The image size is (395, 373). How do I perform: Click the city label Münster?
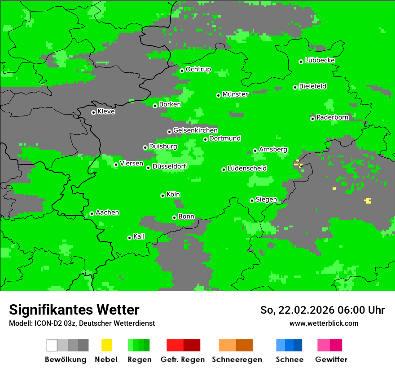click(235, 94)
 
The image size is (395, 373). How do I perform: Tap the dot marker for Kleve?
click(93, 112)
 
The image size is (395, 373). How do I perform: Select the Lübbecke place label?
click(320, 60)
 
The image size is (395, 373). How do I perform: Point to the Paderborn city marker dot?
click(312, 119)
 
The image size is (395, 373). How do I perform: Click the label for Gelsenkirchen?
click(195, 130)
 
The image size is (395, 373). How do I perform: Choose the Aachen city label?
click(107, 213)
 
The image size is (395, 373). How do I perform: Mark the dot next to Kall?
click(129, 238)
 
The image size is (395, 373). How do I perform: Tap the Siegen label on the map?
click(266, 200)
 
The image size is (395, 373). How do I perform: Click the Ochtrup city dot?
click(182, 71)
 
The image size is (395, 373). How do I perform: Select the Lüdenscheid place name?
click(247, 169)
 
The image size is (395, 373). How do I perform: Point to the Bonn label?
click(186, 217)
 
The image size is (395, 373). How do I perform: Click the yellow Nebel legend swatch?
click(106, 345)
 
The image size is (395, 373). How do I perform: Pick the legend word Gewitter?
click(331, 360)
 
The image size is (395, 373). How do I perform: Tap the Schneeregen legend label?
click(237, 360)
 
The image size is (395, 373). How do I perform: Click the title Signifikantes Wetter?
click(74, 310)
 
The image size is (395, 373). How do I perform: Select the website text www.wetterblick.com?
click(324, 323)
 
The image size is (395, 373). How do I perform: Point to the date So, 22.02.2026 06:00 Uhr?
click(322, 310)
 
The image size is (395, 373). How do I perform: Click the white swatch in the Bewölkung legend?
click(52, 345)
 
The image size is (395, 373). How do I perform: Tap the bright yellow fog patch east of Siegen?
click(368, 200)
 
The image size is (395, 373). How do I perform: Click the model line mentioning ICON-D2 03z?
click(82, 323)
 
